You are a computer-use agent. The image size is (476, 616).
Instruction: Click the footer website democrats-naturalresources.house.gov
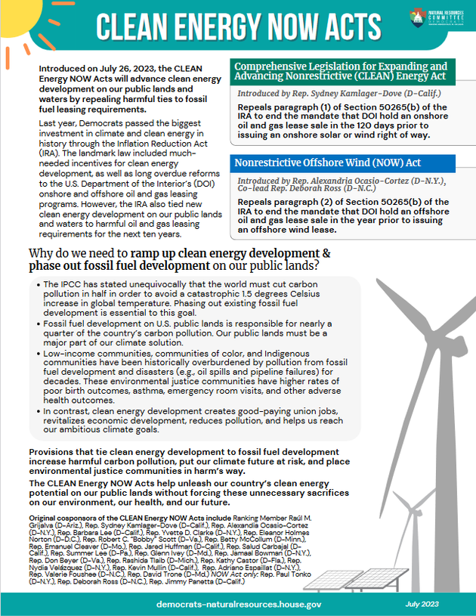240,605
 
